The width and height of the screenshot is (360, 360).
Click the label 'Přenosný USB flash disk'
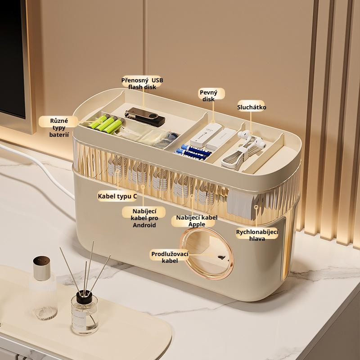[x=142, y=84]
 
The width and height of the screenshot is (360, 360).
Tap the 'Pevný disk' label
[x=208, y=96]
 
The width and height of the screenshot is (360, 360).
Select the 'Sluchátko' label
[x=252, y=107]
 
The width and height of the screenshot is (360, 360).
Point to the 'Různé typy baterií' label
[x=59, y=128]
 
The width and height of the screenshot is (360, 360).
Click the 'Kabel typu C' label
[x=117, y=196]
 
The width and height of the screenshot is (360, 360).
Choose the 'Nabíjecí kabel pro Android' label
[x=144, y=218]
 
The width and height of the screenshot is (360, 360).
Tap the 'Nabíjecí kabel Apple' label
[x=197, y=221]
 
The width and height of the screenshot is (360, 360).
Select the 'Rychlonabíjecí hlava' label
[x=257, y=235]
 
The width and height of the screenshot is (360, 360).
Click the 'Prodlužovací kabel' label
[x=170, y=257]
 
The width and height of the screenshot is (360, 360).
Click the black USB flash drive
[x=145, y=117]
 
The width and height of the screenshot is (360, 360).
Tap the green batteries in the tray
[x=106, y=124]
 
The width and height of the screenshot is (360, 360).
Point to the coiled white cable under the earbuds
[x=239, y=156]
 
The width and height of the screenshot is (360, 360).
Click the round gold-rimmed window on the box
[x=207, y=254]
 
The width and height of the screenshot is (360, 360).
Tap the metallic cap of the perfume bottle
[x=41, y=268]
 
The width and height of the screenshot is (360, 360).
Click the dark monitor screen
[x=12, y=58]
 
